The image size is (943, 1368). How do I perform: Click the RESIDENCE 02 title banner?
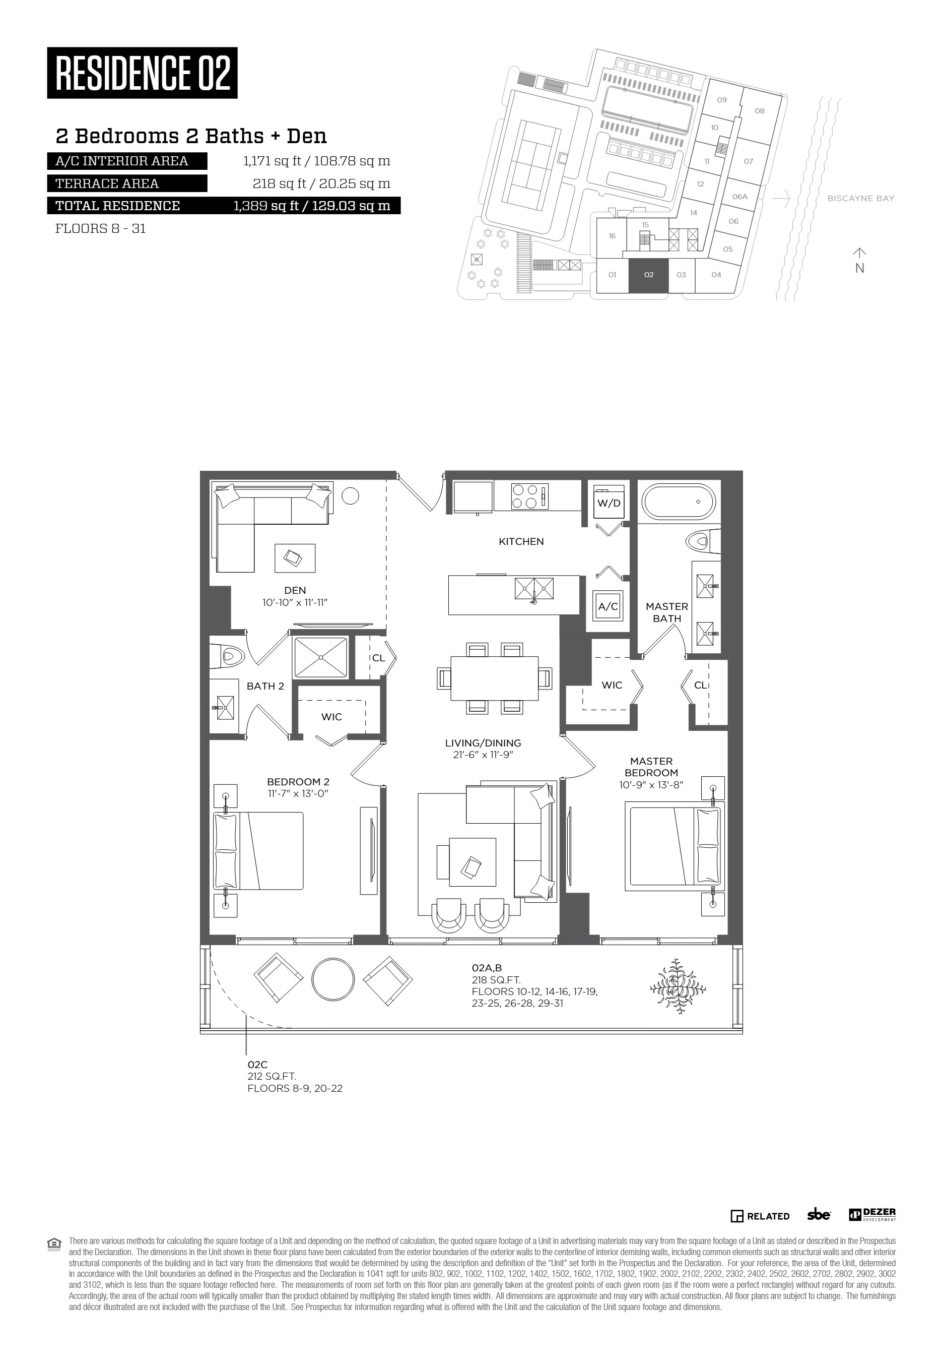pos(143,73)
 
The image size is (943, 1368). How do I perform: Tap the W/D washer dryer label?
pos(609,503)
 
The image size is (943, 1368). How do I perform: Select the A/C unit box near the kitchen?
pos(608,606)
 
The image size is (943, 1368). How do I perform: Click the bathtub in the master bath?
pos(680,502)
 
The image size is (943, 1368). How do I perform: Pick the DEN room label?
pos(295,590)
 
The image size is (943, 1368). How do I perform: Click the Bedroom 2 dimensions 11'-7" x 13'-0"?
pos(298,793)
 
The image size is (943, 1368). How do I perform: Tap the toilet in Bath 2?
pos(228,656)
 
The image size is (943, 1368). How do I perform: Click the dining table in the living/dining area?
pos(495,678)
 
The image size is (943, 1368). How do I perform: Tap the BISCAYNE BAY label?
pos(861,199)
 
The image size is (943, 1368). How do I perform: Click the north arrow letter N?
pos(860,268)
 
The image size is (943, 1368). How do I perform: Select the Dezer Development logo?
pos(872,1215)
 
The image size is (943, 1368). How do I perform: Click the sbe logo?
pos(819,1215)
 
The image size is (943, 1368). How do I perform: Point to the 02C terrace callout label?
pos(257,1065)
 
